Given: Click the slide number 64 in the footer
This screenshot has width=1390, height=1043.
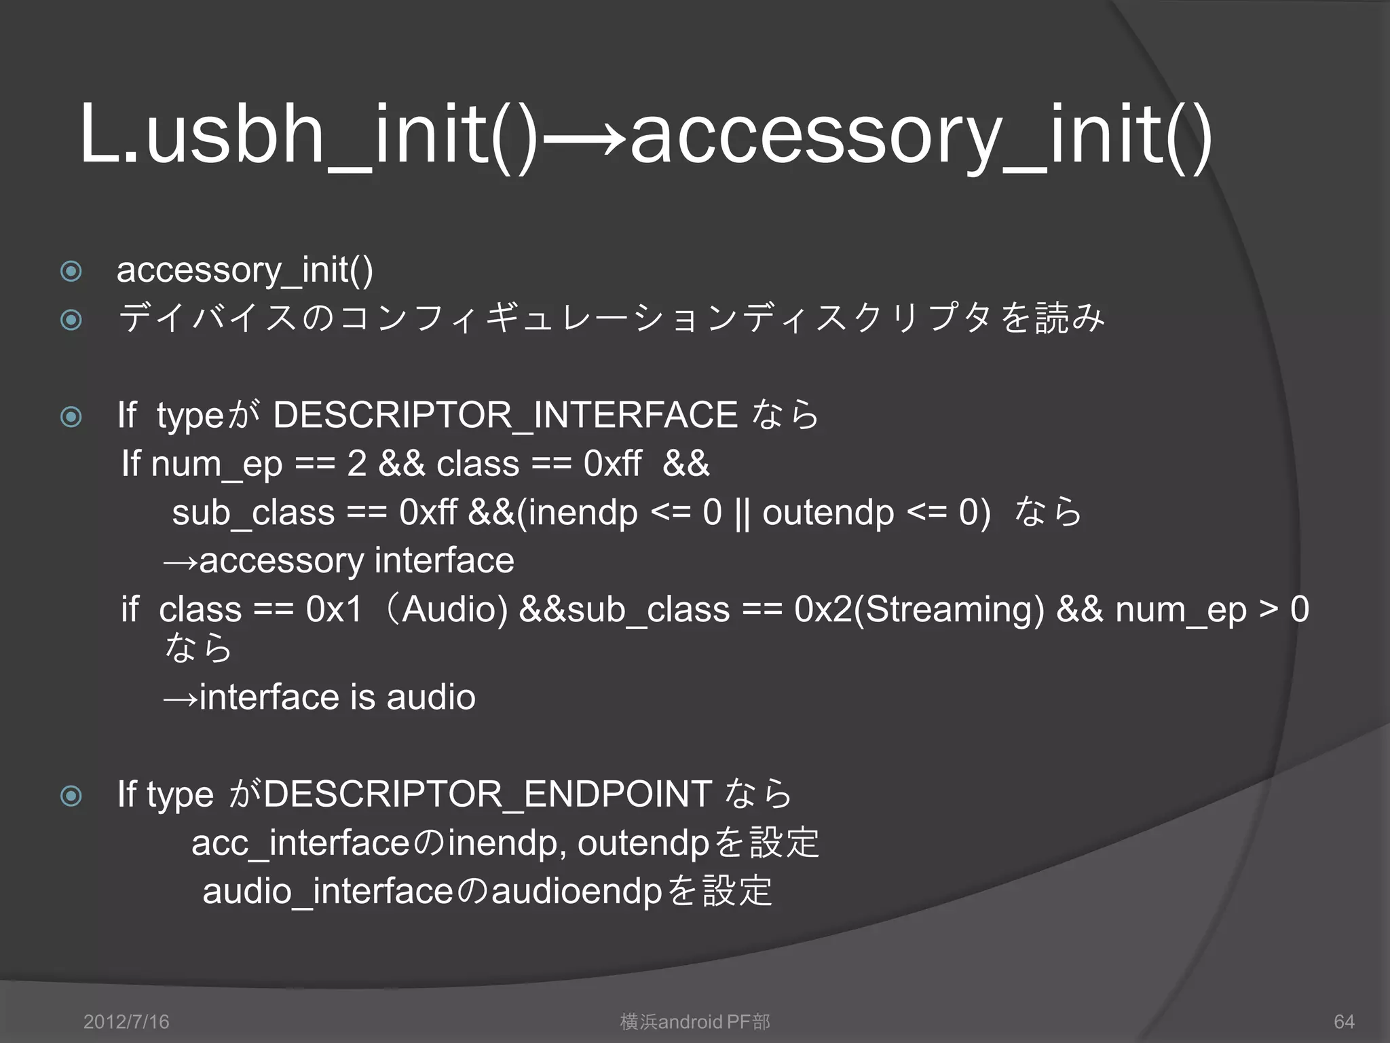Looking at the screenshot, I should click(1344, 1021).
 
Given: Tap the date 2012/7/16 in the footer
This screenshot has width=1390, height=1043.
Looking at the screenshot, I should click(126, 1021).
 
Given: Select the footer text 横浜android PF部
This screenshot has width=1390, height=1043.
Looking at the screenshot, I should click(695, 1021).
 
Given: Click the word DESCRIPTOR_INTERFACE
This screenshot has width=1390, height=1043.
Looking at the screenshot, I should click(505, 415).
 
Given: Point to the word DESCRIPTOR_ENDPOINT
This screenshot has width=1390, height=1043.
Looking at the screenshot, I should click(487, 794).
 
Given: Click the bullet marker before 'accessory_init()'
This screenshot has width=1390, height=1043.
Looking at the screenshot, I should click(71, 271).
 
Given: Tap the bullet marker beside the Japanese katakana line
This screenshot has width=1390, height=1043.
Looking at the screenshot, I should click(71, 319).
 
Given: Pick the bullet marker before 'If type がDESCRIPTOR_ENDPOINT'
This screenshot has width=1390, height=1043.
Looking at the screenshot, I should click(71, 795).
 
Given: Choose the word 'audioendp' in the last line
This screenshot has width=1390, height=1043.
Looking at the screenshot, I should click(576, 892).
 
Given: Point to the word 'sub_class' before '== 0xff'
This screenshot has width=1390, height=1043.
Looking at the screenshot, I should click(253, 513).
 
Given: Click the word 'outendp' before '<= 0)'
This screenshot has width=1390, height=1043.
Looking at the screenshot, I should click(828, 513).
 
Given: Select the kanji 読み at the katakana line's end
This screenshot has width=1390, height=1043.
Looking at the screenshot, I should click(1070, 318).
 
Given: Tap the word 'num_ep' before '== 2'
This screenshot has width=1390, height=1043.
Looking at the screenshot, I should click(217, 464).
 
